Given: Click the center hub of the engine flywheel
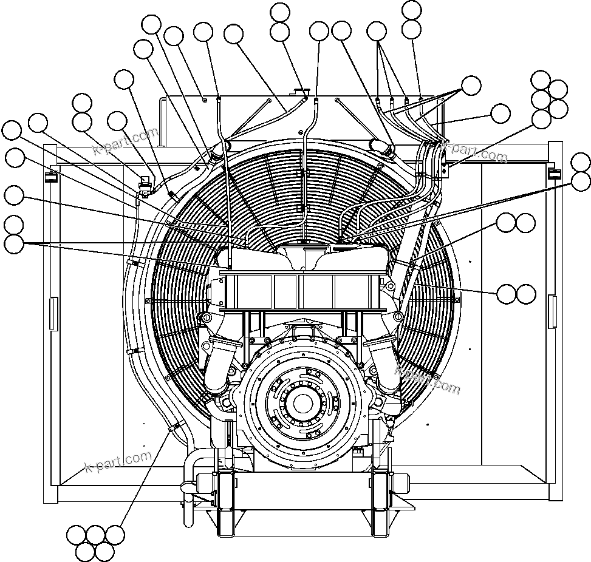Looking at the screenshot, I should point(302,402).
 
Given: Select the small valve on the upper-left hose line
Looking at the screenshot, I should point(145,183).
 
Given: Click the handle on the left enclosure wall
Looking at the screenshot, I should point(53,313).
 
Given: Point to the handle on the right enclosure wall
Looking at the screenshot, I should point(552,311).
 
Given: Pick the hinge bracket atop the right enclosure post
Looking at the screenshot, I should point(554,174).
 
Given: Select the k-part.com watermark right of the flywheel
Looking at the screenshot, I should point(428,379).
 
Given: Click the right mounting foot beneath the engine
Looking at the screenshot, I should point(381,504).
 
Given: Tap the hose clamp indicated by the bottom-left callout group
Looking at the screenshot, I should point(173,427).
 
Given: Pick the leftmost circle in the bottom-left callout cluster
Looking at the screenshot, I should point(77,535).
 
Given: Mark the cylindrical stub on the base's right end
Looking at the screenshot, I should point(401,482).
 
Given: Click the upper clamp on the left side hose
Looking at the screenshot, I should point(135,263).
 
